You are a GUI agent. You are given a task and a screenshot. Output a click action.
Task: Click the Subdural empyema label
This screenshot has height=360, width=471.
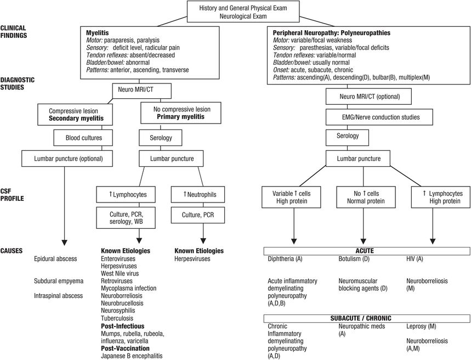(x=59, y=281)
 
